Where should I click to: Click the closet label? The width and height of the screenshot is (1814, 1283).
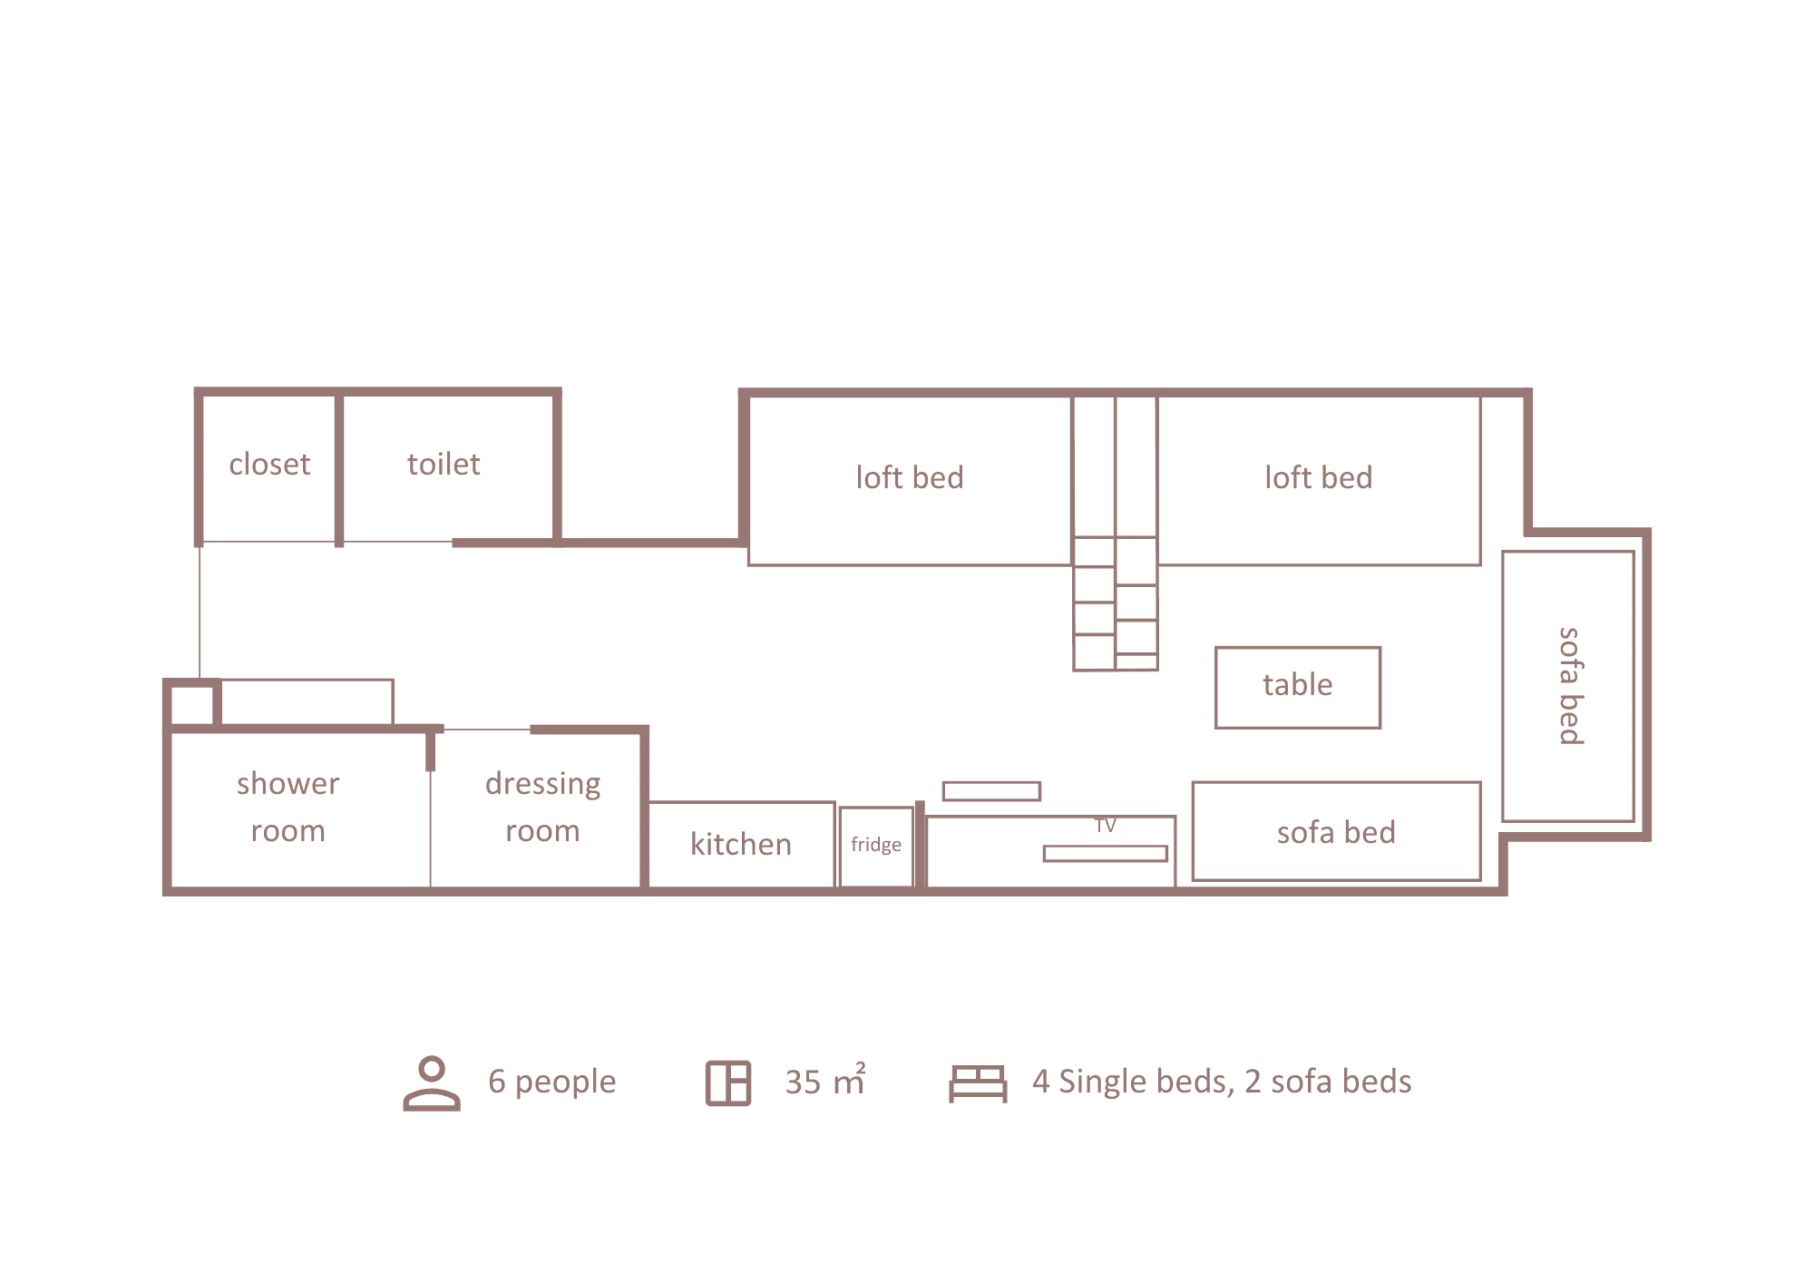(269, 465)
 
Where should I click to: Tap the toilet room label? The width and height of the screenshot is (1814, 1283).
(444, 465)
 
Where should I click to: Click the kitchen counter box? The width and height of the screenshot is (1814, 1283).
(742, 844)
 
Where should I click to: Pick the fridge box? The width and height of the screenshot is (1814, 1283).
(876, 847)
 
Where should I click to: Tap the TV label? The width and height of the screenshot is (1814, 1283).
(1105, 826)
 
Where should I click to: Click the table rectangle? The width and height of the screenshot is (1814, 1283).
(1298, 687)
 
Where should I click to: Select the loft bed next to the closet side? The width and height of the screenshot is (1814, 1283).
(910, 479)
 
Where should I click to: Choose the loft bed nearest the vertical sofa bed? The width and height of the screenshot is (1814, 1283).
(1319, 479)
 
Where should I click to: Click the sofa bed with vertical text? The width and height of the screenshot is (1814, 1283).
(1568, 686)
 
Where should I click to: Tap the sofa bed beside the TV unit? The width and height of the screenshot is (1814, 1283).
(1337, 831)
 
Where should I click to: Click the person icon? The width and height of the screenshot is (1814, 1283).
(432, 1082)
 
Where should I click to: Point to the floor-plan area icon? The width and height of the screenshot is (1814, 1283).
(728, 1082)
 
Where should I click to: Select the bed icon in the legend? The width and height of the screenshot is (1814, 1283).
(978, 1083)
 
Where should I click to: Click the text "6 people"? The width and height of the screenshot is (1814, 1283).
(551, 1082)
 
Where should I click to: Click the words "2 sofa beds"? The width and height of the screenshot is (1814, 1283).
(1328, 1082)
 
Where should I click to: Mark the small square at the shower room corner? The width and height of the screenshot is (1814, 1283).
(192, 704)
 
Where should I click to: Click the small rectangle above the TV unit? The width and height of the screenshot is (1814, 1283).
(991, 791)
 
